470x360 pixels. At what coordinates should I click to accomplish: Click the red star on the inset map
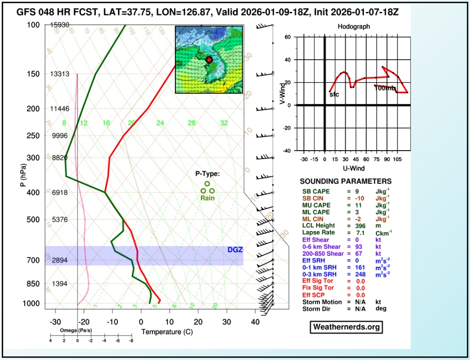tap(209, 60)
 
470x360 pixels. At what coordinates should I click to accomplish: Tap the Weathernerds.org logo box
tap(346, 327)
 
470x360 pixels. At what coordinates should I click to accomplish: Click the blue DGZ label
tap(235, 250)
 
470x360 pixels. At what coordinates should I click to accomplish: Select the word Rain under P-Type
tap(207, 198)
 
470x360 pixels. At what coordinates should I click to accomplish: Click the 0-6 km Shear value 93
tap(360, 246)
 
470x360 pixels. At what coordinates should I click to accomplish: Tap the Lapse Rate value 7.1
tap(360, 232)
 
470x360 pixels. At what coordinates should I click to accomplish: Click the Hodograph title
tap(353, 27)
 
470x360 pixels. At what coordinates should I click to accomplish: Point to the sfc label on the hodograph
tap(334, 94)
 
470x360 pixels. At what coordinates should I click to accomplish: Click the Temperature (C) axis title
tap(165, 332)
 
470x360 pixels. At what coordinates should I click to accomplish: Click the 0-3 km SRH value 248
tap(362, 274)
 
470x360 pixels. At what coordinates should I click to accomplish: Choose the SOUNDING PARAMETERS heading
tap(346, 181)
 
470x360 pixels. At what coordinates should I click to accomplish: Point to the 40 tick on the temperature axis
tap(255, 322)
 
